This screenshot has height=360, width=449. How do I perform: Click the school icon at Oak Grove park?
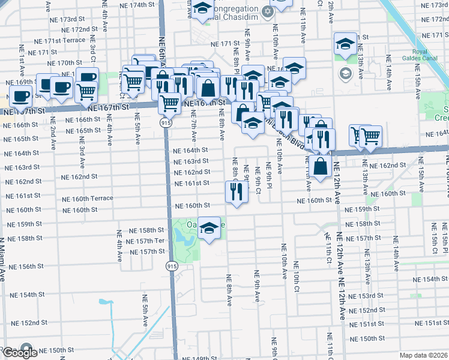tap(209, 229)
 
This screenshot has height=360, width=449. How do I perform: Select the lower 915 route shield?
tap(172, 266)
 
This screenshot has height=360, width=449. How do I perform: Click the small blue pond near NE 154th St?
tap(105, 302)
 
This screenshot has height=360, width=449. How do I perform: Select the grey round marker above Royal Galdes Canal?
tap(345, 73)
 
